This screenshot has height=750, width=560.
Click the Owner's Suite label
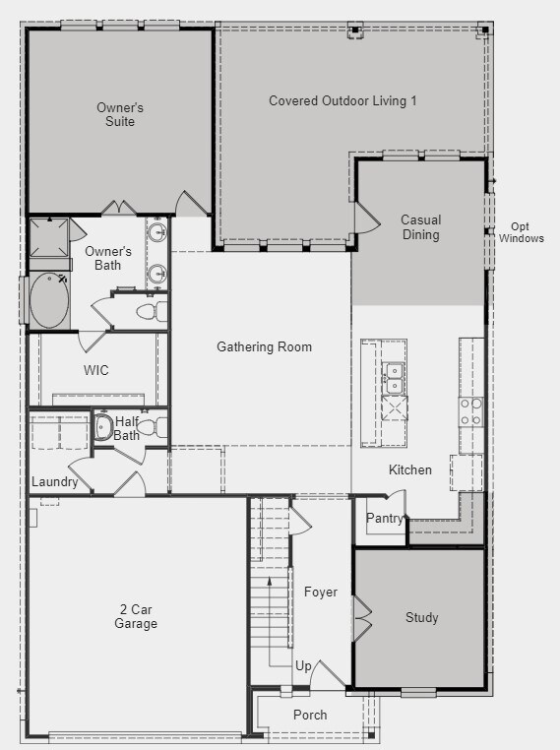[119, 114]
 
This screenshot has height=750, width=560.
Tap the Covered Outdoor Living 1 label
[342, 101]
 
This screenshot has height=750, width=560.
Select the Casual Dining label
[421, 227]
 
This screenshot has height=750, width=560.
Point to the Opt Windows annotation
[522, 232]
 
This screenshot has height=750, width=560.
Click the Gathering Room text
[264, 346]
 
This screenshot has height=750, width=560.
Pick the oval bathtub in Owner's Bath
[49, 300]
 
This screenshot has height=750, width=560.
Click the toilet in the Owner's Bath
[153, 312]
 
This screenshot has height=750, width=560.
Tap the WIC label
[96, 370]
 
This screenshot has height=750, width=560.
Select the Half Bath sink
[102, 426]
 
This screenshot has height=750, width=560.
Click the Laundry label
[54, 481]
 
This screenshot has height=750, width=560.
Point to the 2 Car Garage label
[136, 616]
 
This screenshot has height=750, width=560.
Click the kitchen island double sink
[395, 378]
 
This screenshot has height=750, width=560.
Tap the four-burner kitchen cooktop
[471, 412]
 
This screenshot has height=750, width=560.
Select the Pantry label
[385, 518]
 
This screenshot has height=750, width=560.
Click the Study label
[422, 617]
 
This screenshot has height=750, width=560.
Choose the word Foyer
[321, 593]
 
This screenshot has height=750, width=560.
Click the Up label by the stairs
[303, 666]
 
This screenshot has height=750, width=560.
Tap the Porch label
[310, 716]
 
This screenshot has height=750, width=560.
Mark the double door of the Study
[362, 618]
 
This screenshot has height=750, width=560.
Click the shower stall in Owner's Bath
[49, 238]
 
